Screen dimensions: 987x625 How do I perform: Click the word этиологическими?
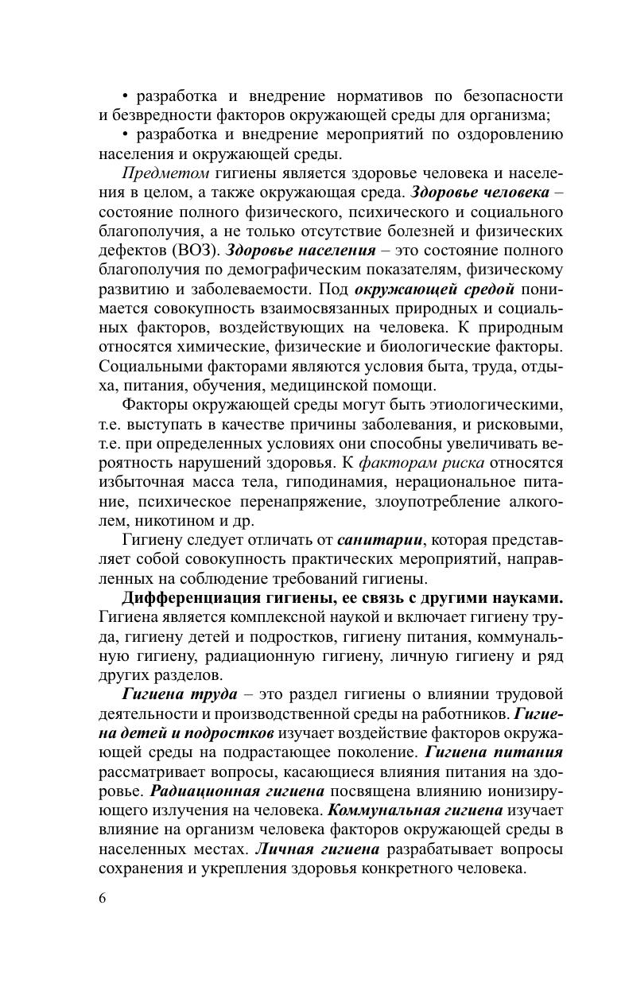[x=494, y=405]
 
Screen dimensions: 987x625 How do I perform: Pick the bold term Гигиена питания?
[x=494, y=752]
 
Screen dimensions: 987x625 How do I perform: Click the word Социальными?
[x=151, y=366]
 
